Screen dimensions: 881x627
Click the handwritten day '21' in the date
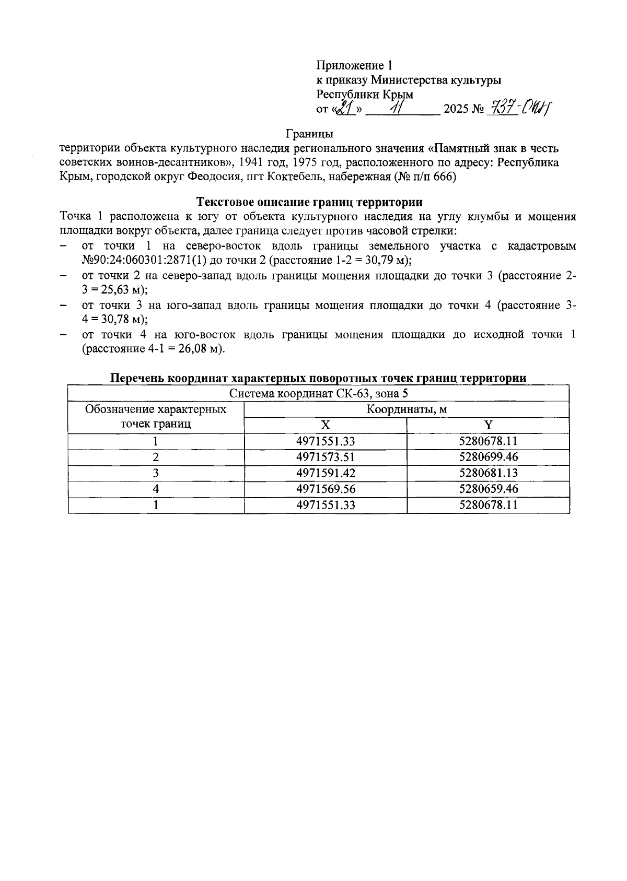pyautogui.click(x=345, y=109)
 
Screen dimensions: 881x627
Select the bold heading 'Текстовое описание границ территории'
pyautogui.click(x=309, y=202)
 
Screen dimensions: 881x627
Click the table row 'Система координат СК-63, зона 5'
pyautogui.click(x=318, y=393)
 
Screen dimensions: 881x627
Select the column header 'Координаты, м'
pyautogui.click(x=406, y=409)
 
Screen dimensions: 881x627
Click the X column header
pyautogui.click(x=325, y=425)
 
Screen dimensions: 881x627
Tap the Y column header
pyautogui.click(x=487, y=425)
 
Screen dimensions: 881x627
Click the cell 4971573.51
pyautogui.click(x=325, y=457)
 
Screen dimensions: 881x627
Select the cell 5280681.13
pyautogui.click(x=488, y=473)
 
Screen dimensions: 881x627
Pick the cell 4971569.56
pyautogui.click(x=325, y=489)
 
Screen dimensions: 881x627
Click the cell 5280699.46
pyautogui.click(x=488, y=457)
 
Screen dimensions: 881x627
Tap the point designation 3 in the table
pyautogui.click(x=156, y=473)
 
